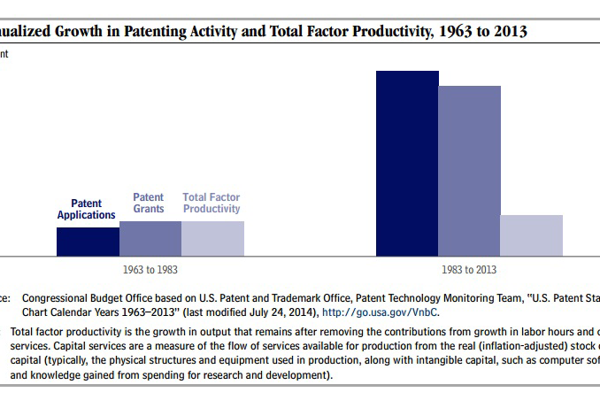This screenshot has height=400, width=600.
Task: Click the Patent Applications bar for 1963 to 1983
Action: point(88,241)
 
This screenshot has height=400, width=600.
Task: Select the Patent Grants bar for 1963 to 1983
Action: point(150,238)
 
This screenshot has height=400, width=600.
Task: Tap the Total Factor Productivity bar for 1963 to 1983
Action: point(212,238)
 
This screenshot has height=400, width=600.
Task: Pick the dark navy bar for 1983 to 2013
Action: point(407,163)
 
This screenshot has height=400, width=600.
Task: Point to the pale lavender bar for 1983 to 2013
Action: point(531,235)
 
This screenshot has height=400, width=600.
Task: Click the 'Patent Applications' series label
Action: point(87,210)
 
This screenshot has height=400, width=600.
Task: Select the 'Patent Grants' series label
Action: point(149,204)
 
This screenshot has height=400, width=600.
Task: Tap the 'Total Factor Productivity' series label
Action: point(212,204)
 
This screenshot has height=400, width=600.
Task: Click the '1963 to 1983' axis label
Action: point(150,269)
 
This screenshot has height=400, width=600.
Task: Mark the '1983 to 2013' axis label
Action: point(469,269)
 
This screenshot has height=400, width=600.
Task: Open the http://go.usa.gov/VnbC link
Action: point(381,312)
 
